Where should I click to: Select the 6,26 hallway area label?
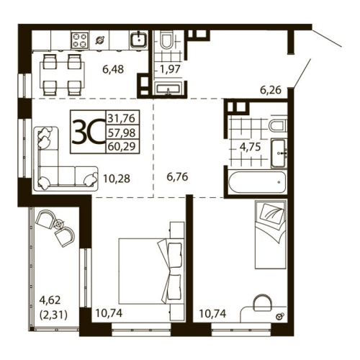click(270, 91)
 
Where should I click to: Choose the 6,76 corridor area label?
click(176, 174)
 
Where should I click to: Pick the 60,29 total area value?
click(123, 145)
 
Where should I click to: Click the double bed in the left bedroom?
click(148, 270)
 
